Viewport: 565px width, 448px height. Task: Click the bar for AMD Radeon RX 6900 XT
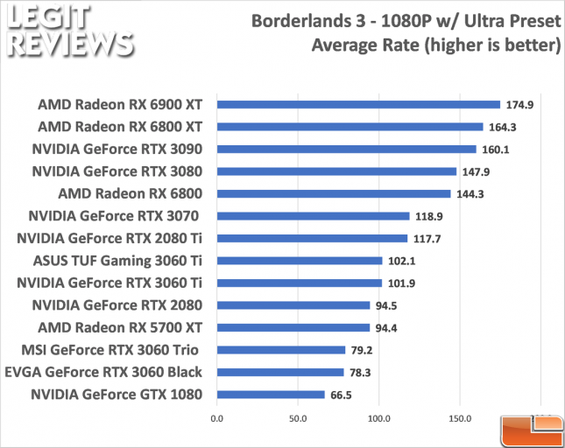click(358, 104)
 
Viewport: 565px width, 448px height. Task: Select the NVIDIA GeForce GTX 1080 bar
click(271, 395)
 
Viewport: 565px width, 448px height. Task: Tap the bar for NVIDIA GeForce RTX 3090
click(346, 149)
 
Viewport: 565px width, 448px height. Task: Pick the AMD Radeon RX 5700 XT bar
click(293, 328)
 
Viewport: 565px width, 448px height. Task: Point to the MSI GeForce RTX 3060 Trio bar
click(281, 350)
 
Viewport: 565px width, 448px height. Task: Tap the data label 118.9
click(427, 216)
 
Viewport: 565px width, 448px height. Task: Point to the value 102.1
click(400, 261)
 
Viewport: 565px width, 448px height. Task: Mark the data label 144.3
click(469, 193)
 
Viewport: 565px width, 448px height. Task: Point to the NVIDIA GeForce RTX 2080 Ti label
click(110, 237)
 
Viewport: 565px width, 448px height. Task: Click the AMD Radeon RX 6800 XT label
click(121, 126)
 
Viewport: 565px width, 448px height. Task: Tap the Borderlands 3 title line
click(405, 20)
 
